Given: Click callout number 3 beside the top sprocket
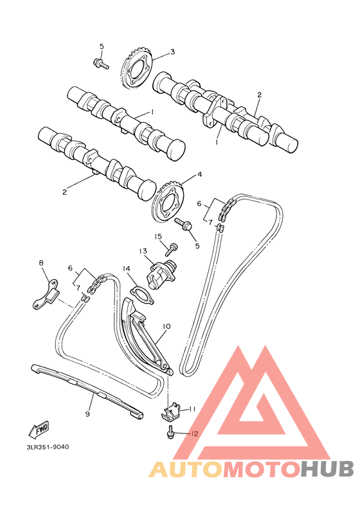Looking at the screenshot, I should [172, 51].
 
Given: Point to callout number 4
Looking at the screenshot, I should [199, 174].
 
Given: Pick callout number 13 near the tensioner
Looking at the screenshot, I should [143, 251].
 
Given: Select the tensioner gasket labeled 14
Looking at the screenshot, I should [139, 293].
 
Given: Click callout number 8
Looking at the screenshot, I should [41, 262].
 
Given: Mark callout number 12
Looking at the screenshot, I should [194, 433].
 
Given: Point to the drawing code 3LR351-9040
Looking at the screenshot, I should [48, 446].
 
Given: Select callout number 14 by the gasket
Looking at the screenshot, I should [127, 269].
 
